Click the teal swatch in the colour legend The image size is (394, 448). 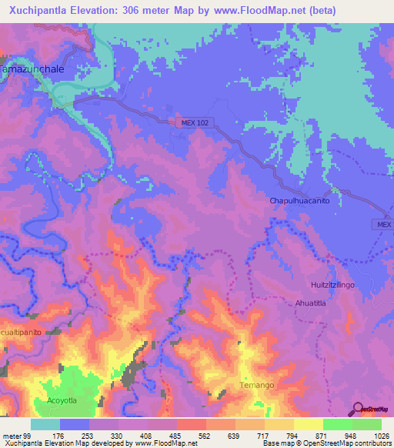(45, 424)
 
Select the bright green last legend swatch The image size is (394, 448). (367, 424)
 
